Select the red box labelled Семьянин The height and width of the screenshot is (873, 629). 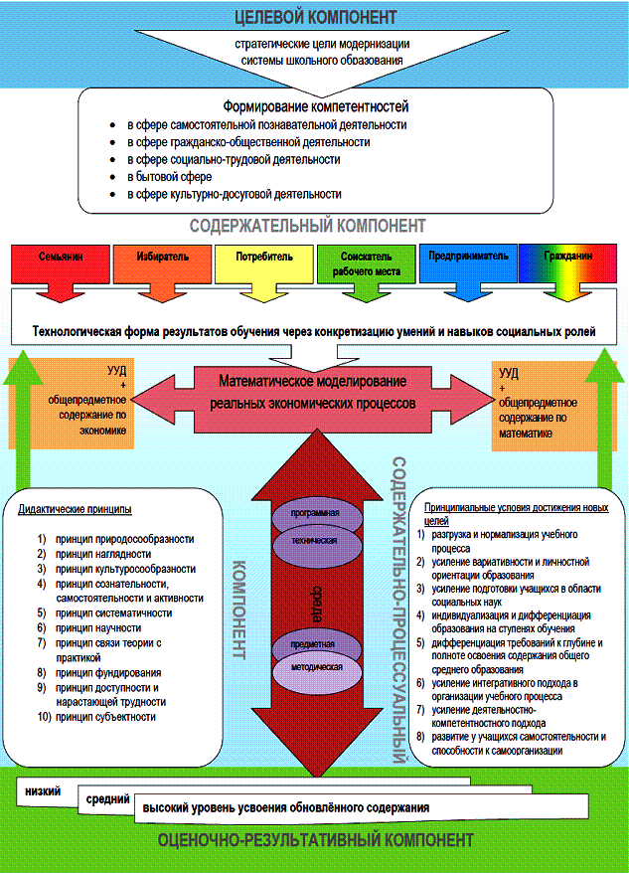(x=56, y=256)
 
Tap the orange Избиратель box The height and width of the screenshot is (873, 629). (x=162, y=256)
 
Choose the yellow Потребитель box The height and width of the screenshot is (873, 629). (x=264, y=256)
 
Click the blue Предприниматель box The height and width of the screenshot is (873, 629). (x=468, y=256)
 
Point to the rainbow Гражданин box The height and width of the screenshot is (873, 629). (x=567, y=256)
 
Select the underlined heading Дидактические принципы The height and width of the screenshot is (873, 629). (x=75, y=510)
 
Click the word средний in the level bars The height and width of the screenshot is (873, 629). (x=105, y=798)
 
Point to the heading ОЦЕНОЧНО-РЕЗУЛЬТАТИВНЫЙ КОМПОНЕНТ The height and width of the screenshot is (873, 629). (x=316, y=841)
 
